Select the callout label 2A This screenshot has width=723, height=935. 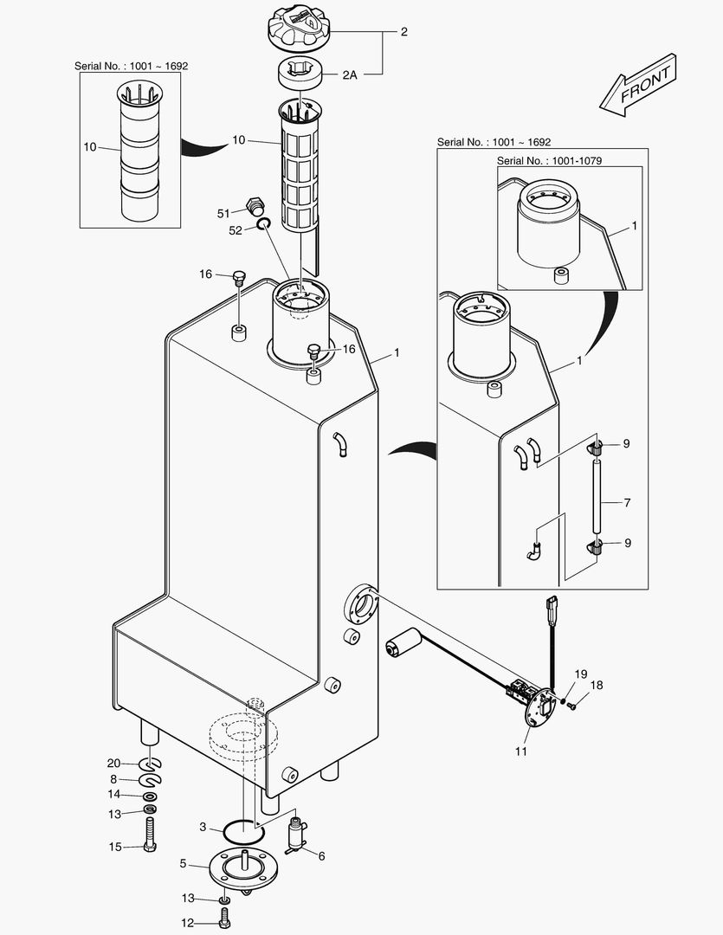[x=350, y=75]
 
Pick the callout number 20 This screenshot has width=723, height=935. [x=113, y=763]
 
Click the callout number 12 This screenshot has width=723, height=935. [x=187, y=923]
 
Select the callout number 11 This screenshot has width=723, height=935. [x=521, y=751]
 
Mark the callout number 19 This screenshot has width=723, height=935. [x=581, y=674]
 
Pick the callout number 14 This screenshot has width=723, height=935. [x=113, y=794]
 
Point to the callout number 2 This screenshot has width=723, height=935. [x=403, y=31]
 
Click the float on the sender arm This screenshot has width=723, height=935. [x=401, y=645]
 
